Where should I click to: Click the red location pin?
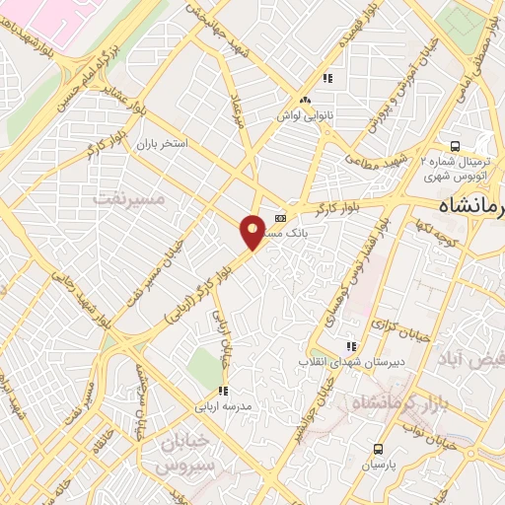(x=252, y=231)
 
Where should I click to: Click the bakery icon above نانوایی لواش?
(x=307, y=101)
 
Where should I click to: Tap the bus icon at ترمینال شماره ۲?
(x=455, y=143)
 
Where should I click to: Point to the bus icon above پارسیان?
(x=374, y=447)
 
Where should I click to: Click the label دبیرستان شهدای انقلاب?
(x=348, y=362)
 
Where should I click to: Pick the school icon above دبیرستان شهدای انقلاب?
(x=349, y=346)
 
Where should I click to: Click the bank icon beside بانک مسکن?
(x=281, y=218)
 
